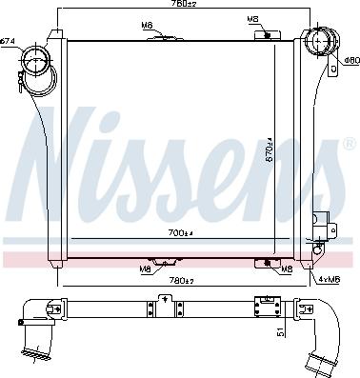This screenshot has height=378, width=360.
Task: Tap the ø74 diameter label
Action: click(x=9, y=40)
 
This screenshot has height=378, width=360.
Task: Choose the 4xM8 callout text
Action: click(x=328, y=278)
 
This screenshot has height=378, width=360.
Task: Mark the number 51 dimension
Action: click(x=279, y=331)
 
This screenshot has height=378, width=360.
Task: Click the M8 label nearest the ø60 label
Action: click(x=252, y=19)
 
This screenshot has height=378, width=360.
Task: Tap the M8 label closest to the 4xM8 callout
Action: click(x=287, y=269)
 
